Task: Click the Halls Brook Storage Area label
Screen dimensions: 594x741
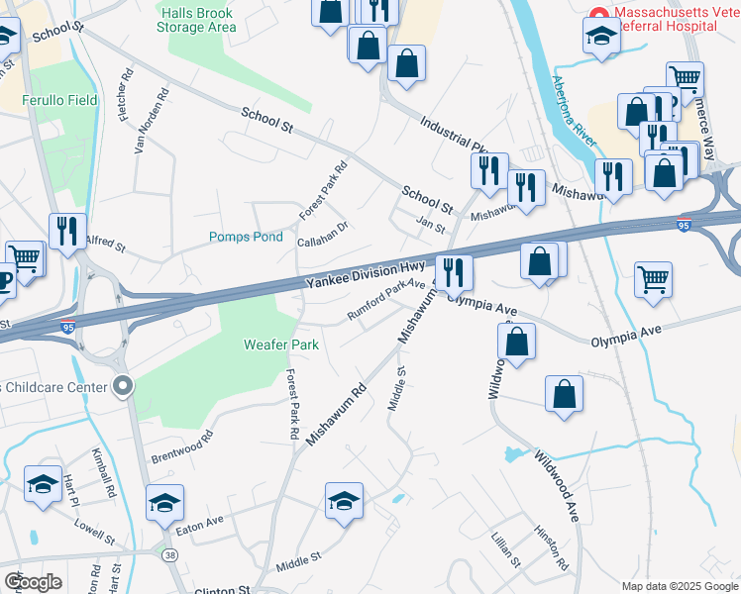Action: (x=201, y=19)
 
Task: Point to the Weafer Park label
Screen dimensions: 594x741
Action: (x=281, y=345)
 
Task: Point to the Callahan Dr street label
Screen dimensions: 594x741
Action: (x=323, y=234)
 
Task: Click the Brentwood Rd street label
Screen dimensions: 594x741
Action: (x=181, y=446)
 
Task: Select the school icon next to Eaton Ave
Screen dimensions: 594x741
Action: (x=165, y=502)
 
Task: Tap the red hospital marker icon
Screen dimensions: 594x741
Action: (x=598, y=13)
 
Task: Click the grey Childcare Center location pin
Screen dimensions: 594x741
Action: (x=123, y=385)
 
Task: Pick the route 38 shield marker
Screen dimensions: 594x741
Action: (x=172, y=556)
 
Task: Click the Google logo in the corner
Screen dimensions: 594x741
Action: (x=34, y=581)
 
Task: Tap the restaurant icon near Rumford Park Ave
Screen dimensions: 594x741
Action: (x=454, y=269)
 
